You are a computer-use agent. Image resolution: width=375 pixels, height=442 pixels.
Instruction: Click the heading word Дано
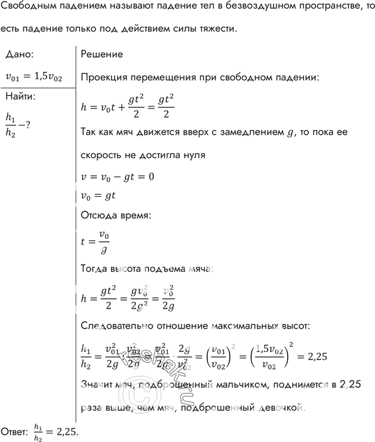point(18,54)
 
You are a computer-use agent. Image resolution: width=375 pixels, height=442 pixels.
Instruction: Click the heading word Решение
point(101,54)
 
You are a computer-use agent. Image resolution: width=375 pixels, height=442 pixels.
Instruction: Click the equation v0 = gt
point(98,196)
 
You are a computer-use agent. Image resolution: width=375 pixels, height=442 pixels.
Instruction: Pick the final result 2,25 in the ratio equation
point(316,357)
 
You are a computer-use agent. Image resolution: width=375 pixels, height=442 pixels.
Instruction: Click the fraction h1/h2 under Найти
point(10,123)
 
